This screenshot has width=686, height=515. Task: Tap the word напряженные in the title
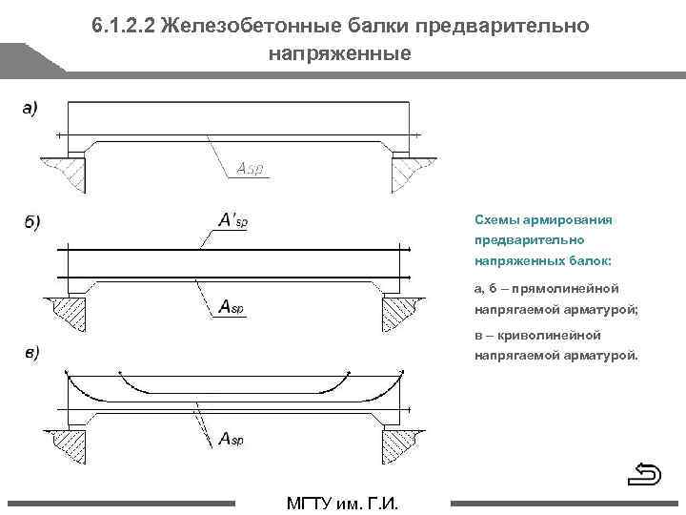pyautogui.click(x=340, y=53)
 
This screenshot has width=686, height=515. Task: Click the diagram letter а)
pyautogui.click(x=30, y=108)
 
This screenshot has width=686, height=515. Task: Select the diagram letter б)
pyautogui.click(x=31, y=223)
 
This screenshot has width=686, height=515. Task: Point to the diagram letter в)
pyautogui.click(x=31, y=354)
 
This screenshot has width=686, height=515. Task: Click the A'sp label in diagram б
pyautogui.click(x=232, y=221)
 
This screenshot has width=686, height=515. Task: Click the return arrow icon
pyautogui.click(x=647, y=473)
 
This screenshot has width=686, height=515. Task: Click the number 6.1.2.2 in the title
pyautogui.click(x=124, y=25)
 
